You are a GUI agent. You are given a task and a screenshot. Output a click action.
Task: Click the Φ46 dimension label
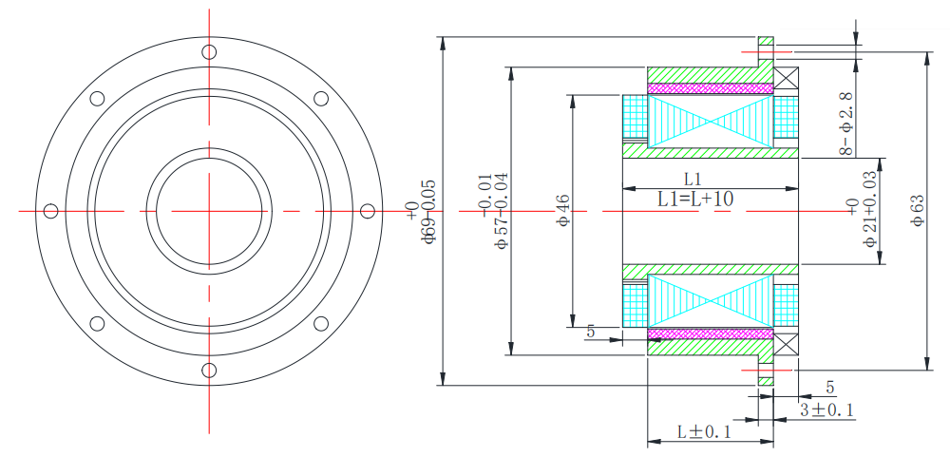[562, 210]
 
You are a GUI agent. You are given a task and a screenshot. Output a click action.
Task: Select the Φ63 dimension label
[917, 210]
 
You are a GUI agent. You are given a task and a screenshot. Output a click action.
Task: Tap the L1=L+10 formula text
[694, 199]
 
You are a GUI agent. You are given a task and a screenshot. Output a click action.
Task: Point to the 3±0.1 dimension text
[826, 409]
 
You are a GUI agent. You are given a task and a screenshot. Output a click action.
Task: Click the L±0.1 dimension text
[704, 431]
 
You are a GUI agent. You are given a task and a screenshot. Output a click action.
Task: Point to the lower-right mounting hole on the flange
[320, 323]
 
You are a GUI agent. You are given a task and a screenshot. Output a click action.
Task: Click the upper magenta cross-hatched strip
[710, 88]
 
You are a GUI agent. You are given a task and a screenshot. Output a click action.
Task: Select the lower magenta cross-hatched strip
[710, 333]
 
